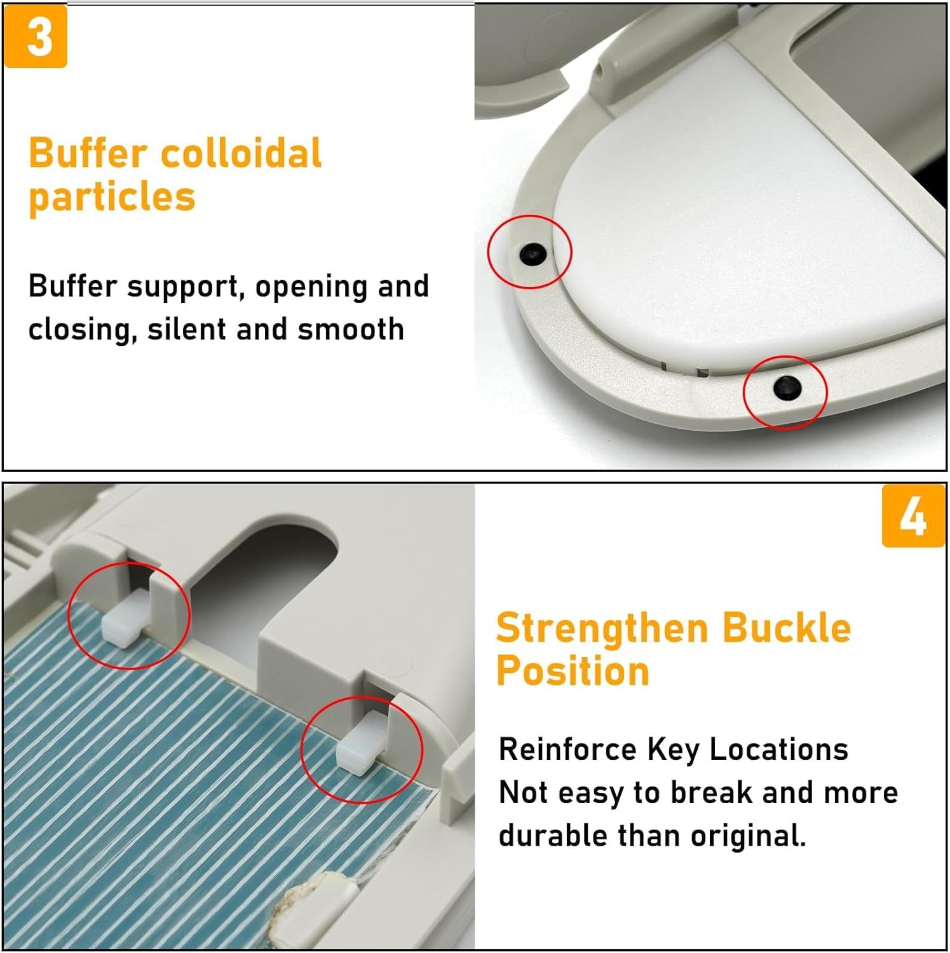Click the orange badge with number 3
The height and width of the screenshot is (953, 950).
pyautogui.click(x=36, y=36)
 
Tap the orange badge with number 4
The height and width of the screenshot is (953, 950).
pyautogui.click(x=913, y=515)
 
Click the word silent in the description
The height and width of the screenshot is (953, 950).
pyautogui.click(x=186, y=329)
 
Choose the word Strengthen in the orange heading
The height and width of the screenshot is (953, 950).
pyautogui.click(x=602, y=628)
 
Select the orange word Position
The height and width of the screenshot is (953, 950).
pyautogui.click(x=573, y=671)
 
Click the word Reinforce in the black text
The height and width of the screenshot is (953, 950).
pyautogui.click(x=567, y=749)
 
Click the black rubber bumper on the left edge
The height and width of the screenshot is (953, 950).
pyautogui.click(x=531, y=253)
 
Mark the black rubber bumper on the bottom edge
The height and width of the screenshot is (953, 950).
pyautogui.click(x=787, y=387)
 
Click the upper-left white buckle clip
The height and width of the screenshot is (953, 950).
pyautogui.click(x=125, y=616)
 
